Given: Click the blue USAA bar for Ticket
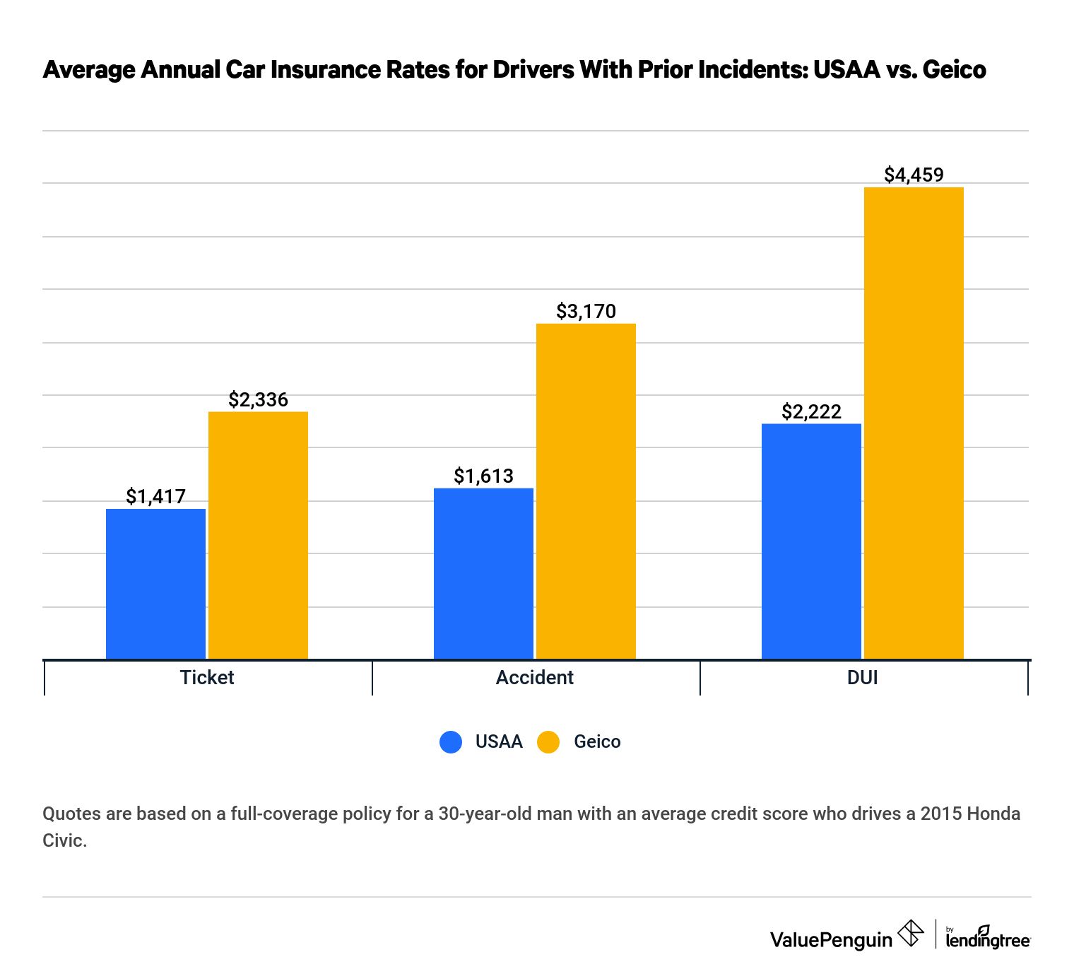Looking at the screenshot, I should [x=155, y=584].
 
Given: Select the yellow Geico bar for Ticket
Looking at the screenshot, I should [x=258, y=535].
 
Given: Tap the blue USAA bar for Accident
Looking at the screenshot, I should [x=483, y=573].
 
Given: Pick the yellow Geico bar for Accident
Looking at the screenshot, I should [x=586, y=491].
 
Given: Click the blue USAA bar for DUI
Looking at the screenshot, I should [x=811, y=541].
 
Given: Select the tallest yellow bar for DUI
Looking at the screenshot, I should [x=914, y=423].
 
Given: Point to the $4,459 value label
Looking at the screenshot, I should [x=914, y=175].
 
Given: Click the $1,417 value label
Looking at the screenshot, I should [x=155, y=496].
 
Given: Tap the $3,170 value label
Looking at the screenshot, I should [x=586, y=311].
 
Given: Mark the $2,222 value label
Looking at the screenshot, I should [x=811, y=411].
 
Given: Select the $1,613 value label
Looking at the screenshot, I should [x=483, y=476].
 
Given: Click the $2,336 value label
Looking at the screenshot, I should [x=258, y=399].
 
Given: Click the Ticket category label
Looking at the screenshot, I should [x=207, y=677].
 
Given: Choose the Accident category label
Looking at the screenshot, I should [x=534, y=677].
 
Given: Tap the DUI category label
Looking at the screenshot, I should [x=862, y=677].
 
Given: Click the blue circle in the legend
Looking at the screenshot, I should [x=451, y=741].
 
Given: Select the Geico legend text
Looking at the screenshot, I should [x=597, y=741].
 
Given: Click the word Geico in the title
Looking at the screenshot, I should [x=954, y=69].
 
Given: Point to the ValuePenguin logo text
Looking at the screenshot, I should [x=831, y=939].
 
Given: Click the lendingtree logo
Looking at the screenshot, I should [x=988, y=938].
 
